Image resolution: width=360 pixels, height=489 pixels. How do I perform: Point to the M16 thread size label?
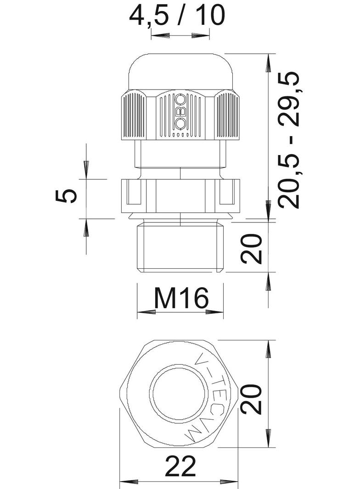tap(181, 299)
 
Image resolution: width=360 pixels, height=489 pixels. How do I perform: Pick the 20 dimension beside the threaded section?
tap(252, 248)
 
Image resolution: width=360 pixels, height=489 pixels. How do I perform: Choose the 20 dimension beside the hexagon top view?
tap(252, 399)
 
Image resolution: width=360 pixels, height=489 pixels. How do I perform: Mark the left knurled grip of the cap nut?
tap(135, 115)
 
